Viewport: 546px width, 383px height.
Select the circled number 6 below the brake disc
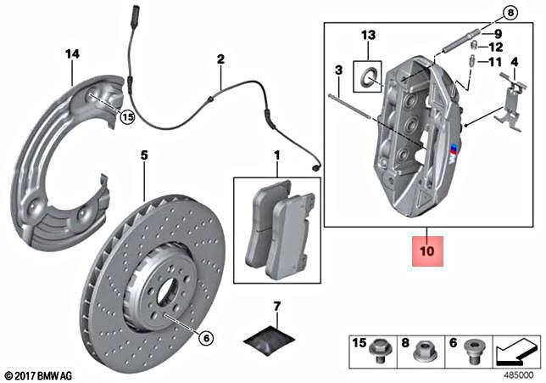[206, 337]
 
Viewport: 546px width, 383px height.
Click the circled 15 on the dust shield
[127, 117]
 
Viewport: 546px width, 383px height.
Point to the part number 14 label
[72, 54]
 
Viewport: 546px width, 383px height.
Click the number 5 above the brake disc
[144, 155]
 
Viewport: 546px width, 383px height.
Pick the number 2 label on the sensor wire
[220, 59]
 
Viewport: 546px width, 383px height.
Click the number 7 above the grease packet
[276, 304]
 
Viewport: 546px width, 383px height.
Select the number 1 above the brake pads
[276, 155]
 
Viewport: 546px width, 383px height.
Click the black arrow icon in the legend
[516, 348]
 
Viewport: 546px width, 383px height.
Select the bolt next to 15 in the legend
[381, 348]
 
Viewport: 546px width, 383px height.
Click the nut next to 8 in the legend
[428, 349]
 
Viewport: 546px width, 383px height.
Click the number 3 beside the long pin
[337, 69]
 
